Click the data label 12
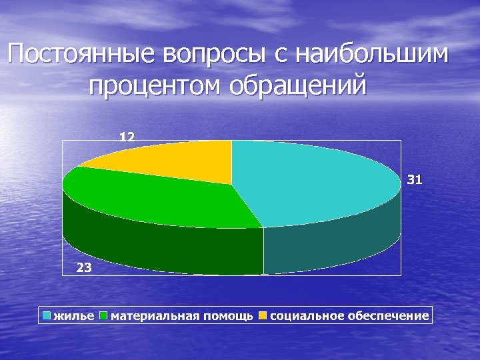(127, 137)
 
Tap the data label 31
(414, 180)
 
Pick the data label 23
(85, 267)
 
